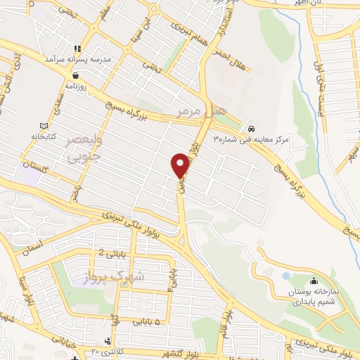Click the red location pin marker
pos(179,165)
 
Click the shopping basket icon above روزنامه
pos(75,73)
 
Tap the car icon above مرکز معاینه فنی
pos(251,129)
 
